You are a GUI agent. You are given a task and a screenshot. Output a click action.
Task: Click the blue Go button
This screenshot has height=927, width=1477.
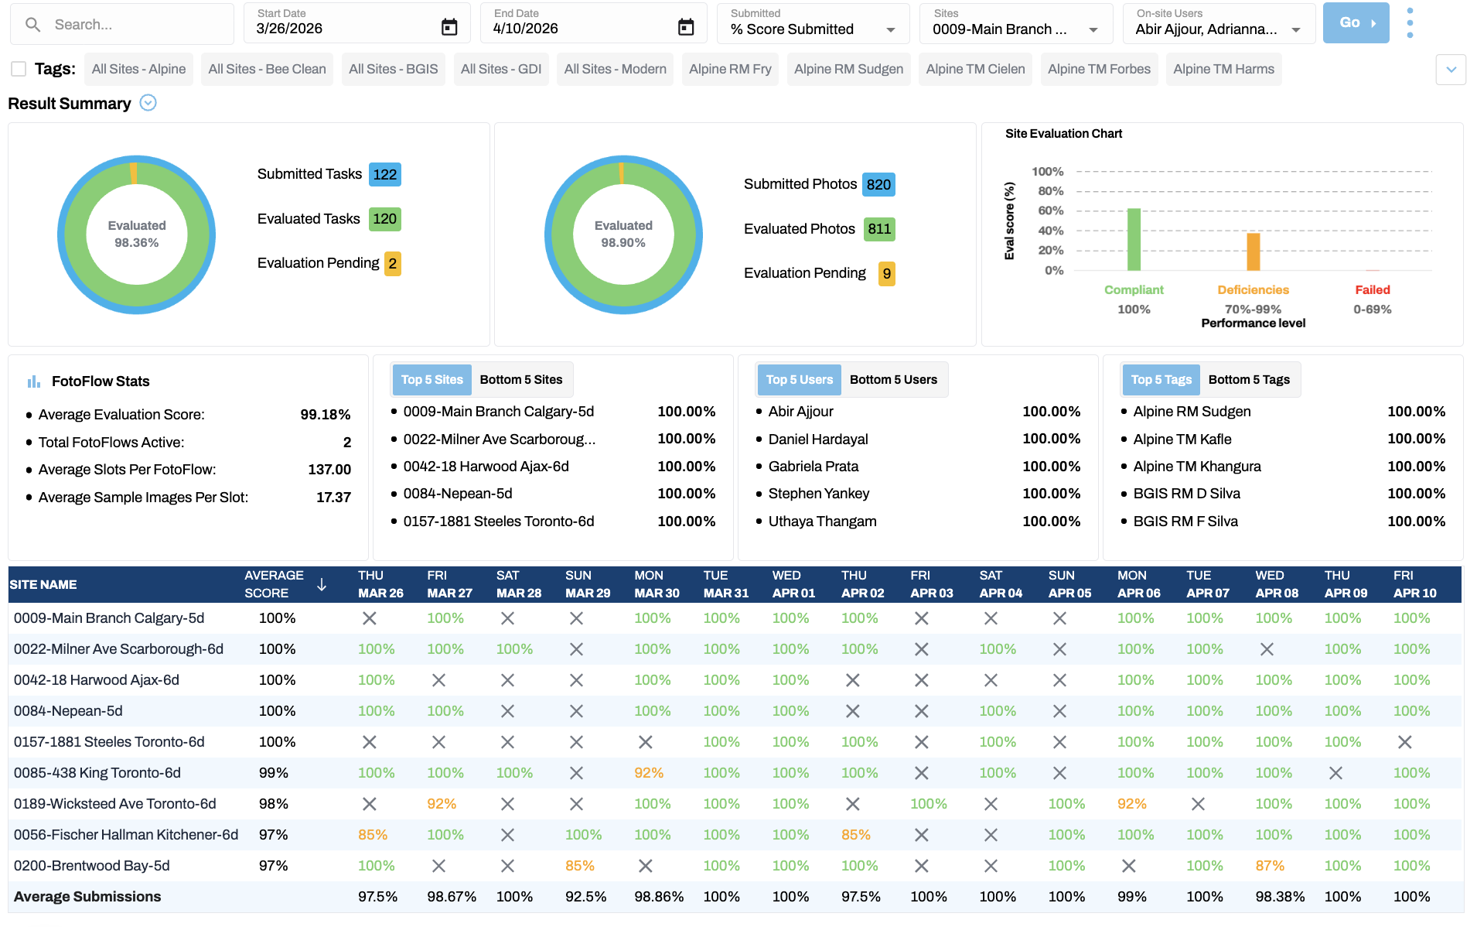point(1355,23)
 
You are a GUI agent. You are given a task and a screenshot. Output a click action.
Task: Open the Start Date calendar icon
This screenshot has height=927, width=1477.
point(449,28)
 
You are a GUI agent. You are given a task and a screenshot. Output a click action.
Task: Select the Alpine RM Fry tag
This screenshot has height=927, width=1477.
point(729,69)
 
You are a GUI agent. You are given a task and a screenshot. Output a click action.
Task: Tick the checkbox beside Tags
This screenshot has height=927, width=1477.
point(19,69)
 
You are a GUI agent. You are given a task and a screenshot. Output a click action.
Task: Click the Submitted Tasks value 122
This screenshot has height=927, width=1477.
point(384,175)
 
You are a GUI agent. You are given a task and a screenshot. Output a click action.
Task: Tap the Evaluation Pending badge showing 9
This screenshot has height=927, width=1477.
point(886,274)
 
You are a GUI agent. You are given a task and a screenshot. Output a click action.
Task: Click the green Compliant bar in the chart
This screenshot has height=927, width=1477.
point(1134,240)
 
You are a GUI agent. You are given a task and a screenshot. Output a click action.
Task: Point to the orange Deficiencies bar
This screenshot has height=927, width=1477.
point(1253,252)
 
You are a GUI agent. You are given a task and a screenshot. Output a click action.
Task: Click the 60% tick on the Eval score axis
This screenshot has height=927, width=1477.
point(1050,210)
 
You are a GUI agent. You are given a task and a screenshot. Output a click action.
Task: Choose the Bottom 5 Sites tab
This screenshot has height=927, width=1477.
point(520,380)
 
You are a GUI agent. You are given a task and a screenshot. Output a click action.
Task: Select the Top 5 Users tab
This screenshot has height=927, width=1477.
point(799,380)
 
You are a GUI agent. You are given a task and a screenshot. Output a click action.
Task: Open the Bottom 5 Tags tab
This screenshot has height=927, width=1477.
point(1248,380)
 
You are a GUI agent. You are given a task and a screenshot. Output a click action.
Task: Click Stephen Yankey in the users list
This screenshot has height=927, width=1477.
point(818,494)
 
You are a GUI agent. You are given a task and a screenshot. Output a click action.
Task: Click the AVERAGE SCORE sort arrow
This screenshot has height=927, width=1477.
point(322,585)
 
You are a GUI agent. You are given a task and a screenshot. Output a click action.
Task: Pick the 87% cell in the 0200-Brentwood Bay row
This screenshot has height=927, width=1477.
point(1269,866)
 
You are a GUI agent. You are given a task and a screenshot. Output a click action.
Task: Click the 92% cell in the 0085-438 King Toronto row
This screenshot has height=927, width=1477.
point(648,773)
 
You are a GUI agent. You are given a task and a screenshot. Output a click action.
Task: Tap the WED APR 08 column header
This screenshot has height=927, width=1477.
point(1276,584)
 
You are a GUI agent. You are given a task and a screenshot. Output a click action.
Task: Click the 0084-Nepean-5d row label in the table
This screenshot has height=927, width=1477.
point(68,711)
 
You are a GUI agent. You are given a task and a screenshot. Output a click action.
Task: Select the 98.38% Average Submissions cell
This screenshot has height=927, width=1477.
point(1279,897)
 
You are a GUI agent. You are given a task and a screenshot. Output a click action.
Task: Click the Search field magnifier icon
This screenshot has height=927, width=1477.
point(32,25)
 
